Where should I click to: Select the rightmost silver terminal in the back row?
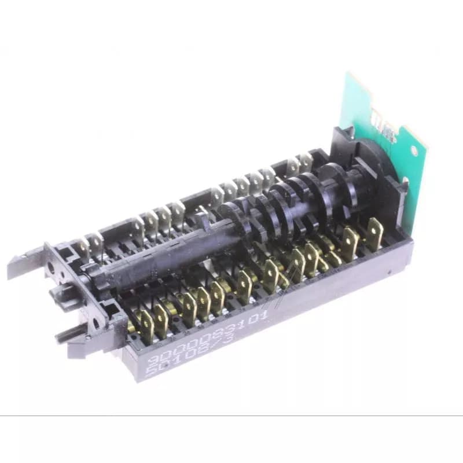305,163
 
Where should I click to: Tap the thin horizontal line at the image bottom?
231,416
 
